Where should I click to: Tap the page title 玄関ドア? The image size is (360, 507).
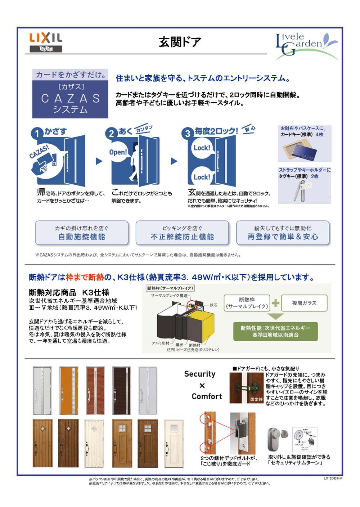pos(180,42)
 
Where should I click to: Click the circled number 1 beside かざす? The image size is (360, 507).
pos(37,134)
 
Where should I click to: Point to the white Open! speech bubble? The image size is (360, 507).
pos(118,152)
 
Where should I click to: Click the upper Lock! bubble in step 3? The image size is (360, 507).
pos(202,148)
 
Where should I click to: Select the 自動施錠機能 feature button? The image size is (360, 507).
pos(82,233)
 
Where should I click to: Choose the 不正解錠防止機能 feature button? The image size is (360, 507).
pos(182,233)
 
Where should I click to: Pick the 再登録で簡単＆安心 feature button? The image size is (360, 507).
pos(283,233)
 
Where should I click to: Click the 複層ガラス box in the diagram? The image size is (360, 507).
pos(304,303)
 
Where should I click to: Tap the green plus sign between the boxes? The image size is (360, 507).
pos(275,303)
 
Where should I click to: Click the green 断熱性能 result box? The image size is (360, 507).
pos(275,331)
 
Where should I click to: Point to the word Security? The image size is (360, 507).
pos(200,374)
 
